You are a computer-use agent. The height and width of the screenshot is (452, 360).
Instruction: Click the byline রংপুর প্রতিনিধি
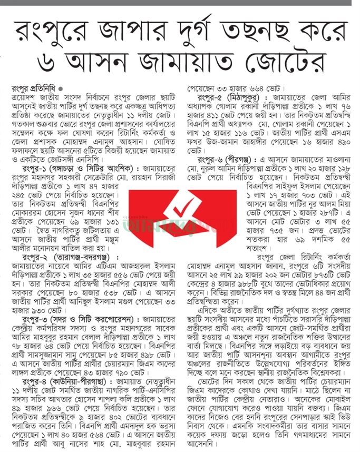[x=35, y=87]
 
